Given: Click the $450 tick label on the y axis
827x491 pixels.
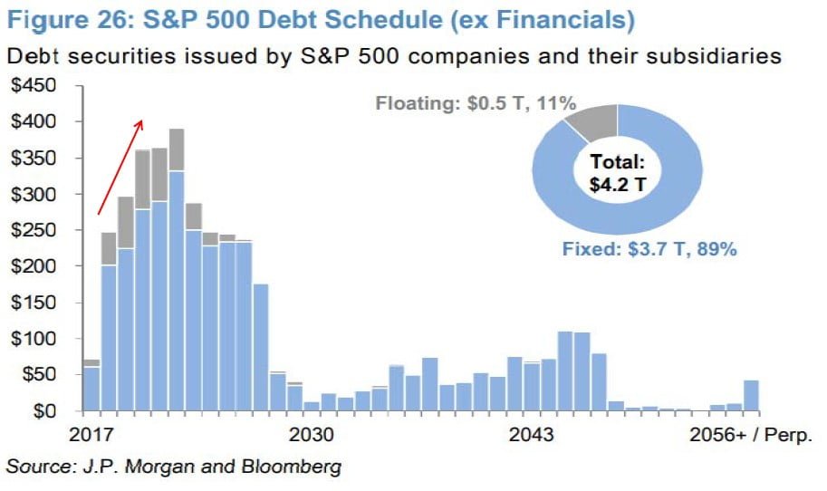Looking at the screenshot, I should pyautogui.click(x=34, y=86).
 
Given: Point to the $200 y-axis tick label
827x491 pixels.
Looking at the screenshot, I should pyautogui.click(x=34, y=266).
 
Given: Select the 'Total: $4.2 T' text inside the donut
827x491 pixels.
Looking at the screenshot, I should pyautogui.click(x=616, y=176).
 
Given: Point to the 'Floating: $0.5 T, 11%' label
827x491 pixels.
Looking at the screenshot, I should pyautogui.click(x=476, y=104).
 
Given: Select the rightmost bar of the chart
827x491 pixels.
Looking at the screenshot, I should pyautogui.click(x=751, y=395).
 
